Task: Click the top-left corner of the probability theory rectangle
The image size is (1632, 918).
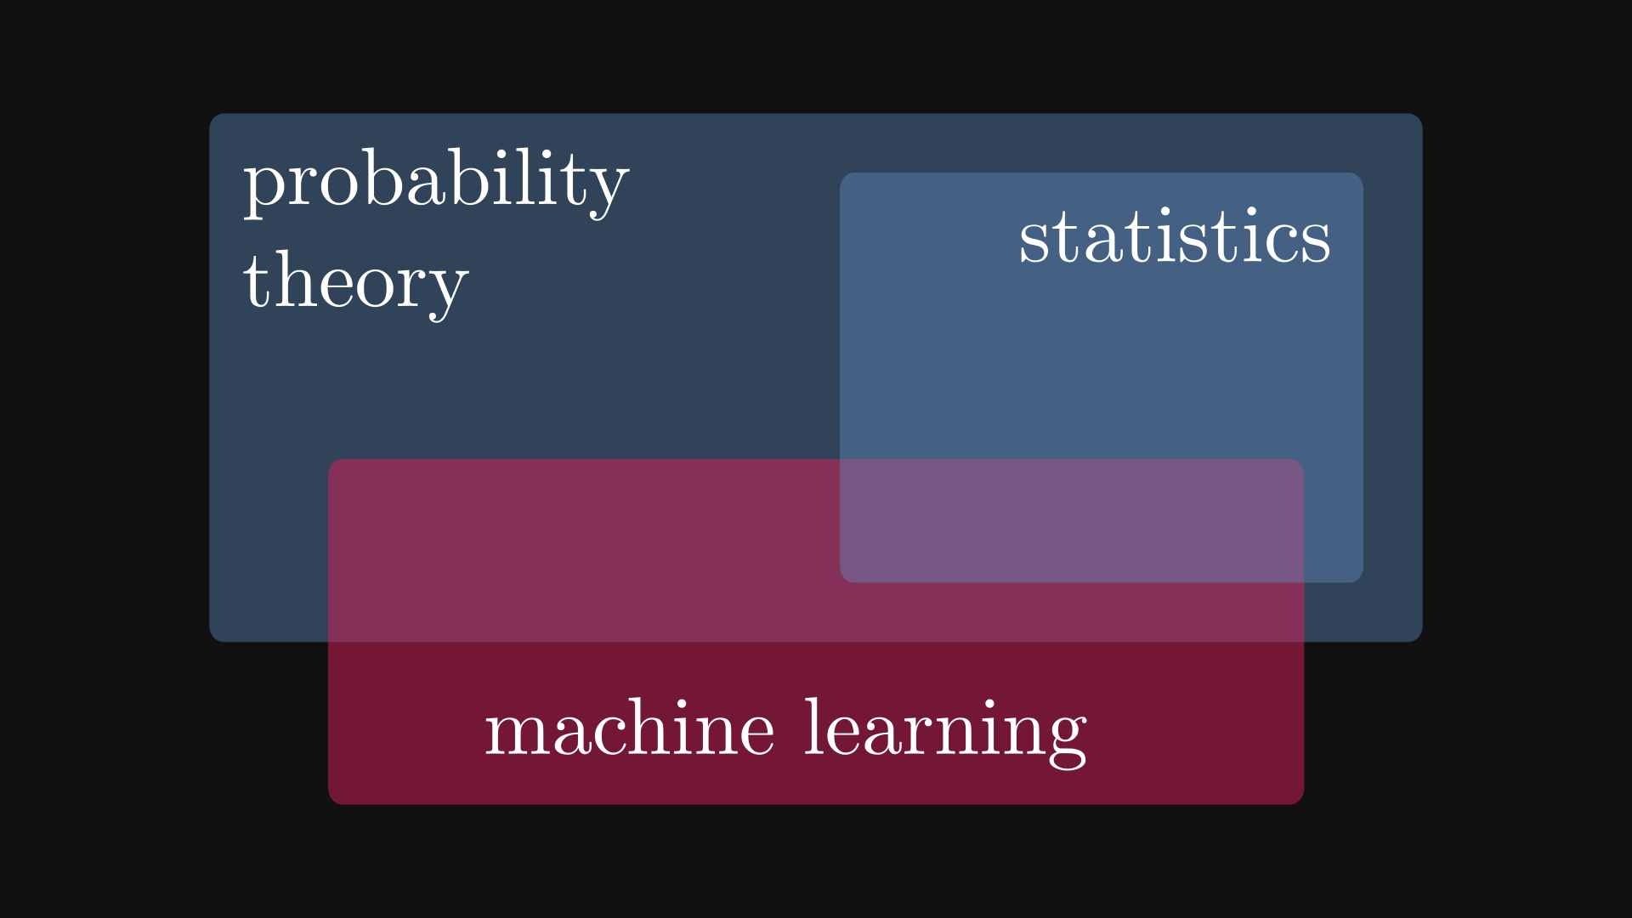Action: (x=210, y=114)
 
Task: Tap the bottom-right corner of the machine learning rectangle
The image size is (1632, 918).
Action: (x=1303, y=804)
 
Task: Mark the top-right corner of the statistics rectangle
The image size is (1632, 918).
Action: (x=1363, y=173)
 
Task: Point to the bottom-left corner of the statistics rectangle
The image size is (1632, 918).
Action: (x=841, y=582)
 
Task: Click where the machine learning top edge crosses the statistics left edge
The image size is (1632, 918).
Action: (x=841, y=460)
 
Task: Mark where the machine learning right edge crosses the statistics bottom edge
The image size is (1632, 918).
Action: (x=1303, y=582)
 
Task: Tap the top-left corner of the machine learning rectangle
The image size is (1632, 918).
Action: (x=329, y=460)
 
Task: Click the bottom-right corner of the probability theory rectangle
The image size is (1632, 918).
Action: (x=1422, y=642)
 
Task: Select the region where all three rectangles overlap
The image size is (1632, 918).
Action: (x=1072, y=521)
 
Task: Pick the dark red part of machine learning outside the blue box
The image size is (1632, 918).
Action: (x=816, y=722)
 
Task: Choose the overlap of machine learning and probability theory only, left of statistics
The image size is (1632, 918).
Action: (x=585, y=551)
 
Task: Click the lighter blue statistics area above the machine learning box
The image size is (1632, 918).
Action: (x=1102, y=357)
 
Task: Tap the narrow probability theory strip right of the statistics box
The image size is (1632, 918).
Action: (x=1392, y=378)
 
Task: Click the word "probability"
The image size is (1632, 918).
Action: (x=436, y=183)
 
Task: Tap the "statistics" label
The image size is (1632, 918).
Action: (x=1175, y=235)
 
